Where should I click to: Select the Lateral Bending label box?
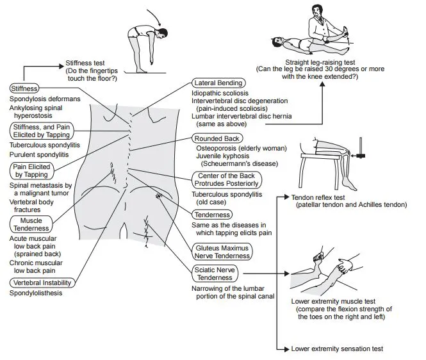point(218,83)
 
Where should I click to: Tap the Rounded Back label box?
point(217,138)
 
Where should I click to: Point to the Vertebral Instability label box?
point(41,282)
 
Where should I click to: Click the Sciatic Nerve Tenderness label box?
point(215,274)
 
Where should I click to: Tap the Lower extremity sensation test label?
point(337,349)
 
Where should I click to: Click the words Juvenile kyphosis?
point(221,156)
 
